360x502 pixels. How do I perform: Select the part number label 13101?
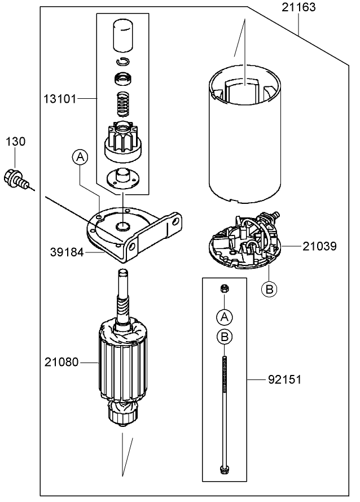pos(60,99)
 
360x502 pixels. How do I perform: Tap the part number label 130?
pos(16,142)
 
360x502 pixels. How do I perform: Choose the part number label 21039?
pos(321,246)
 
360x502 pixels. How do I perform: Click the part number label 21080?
pos(60,362)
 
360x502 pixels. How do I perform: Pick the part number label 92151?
pos(284,380)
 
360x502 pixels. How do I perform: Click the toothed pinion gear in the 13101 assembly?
pos(122,140)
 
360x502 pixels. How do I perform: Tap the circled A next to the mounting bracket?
pos(80,157)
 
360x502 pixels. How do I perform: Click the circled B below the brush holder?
pos(270,289)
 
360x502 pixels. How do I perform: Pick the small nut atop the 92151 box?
pos(224,289)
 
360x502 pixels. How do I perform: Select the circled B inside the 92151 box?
pos(224,337)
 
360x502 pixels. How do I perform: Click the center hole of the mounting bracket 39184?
pos(122,226)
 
